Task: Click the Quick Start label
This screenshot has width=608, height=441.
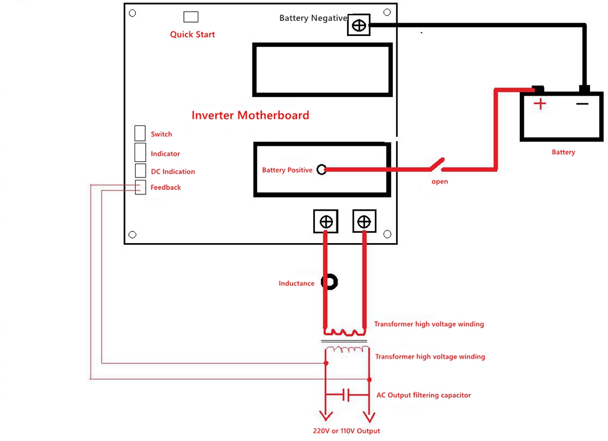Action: [x=192, y=35]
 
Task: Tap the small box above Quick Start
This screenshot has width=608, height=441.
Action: [x=190, y=17]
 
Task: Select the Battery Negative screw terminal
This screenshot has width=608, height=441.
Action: [x=359, y=25]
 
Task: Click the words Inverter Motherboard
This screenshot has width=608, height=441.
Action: [x=250, y=115]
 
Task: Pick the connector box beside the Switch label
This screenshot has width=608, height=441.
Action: [x=140, y=133]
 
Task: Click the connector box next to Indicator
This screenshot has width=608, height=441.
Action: [x=140, y=152]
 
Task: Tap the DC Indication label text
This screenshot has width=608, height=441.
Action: [x=172, y=172]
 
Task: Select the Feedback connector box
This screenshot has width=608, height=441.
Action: [x=140, y=187]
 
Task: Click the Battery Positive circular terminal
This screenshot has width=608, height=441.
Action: [x=321, y=169]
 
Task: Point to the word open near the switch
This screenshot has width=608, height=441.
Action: [x=440, y=182]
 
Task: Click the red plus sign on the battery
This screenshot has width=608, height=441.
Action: [x=540, y=104]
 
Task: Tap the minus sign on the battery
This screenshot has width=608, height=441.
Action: [x=582, y=104]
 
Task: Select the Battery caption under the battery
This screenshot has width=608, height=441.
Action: [x=563, y=152]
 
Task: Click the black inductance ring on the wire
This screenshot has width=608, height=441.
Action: [x=330, y=283]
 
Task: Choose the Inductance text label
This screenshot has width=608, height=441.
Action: [x=296, y=284]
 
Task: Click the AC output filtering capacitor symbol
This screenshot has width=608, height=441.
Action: [x=346, y=395]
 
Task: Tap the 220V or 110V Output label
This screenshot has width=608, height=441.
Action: [x=346, y=431]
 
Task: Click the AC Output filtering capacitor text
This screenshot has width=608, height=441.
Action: [x=424, y=395]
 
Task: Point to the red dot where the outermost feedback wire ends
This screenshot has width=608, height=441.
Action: [x=370, y=379]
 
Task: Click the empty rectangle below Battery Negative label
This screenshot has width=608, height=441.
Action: [x=322, y=70]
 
